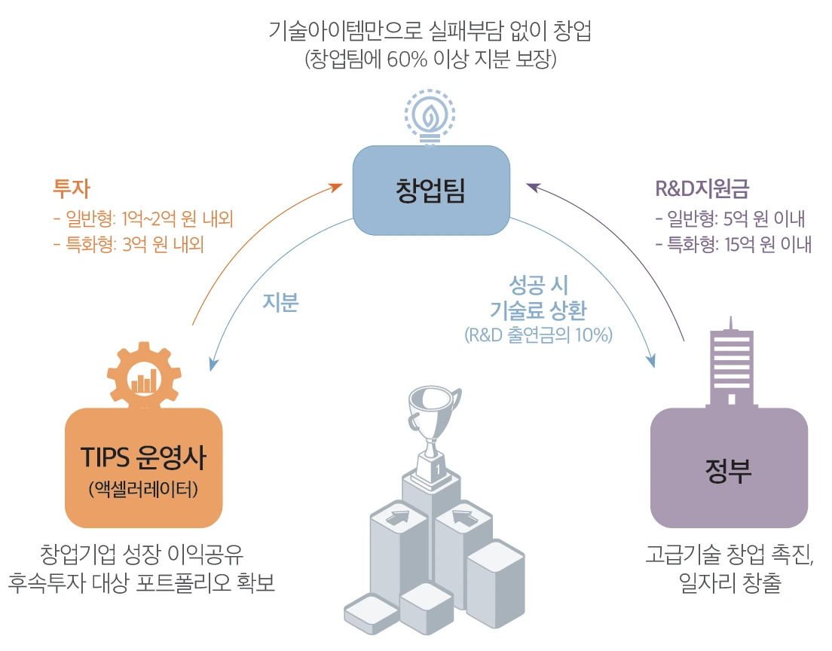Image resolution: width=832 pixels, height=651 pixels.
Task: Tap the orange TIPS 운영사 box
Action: tap(143, 467)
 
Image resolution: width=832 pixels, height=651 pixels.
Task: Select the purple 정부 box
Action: tap(729, 467)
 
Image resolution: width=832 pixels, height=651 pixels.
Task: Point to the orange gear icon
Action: tap(143, 377)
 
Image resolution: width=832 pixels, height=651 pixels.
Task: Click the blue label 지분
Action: tap(280, 302)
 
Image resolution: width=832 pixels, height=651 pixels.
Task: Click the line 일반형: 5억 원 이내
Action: tap(730, 219)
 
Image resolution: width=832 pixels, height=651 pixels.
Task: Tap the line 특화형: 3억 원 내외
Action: tap(129, 245)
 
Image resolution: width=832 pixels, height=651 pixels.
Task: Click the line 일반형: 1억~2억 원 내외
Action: tap(142, 219)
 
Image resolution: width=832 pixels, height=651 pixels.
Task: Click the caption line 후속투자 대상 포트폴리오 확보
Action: tap(142, 584)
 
